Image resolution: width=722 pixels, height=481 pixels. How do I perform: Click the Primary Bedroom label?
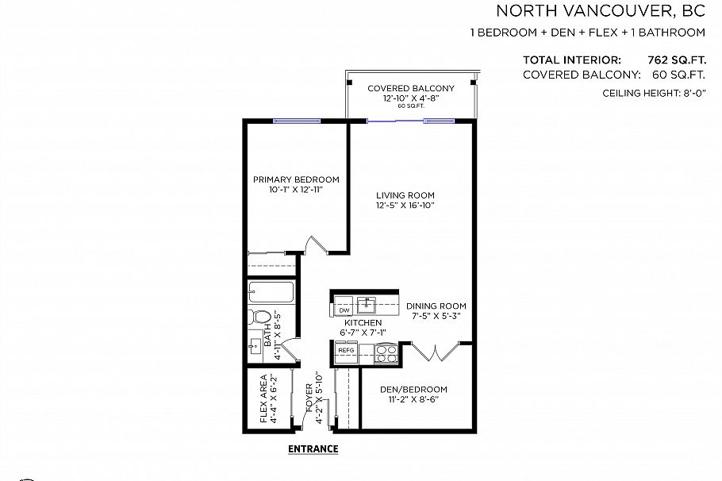[296, 179]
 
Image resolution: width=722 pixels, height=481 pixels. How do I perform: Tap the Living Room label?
[405, 195]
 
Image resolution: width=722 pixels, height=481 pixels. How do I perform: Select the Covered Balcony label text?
[410, 88]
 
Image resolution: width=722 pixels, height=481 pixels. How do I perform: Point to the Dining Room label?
[436, 306]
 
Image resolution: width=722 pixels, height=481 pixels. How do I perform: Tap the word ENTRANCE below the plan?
[313, 448]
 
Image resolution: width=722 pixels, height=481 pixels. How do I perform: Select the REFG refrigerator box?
[346, 350]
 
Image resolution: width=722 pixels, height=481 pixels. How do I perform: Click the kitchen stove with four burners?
[386, 353]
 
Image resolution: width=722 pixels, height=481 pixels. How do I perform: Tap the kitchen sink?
[367, 304]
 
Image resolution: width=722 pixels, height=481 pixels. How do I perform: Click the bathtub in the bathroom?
[271, 291]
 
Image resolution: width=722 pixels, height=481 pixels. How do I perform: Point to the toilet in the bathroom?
[258, 317]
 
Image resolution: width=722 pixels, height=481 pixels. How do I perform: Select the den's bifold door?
[435, 351]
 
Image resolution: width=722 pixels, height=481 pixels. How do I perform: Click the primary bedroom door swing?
[315, 244]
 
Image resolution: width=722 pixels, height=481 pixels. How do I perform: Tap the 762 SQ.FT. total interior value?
[677, 60]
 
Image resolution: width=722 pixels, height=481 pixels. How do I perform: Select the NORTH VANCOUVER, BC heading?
[600, 11]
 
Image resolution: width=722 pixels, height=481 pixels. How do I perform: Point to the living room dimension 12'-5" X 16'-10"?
[405, 206]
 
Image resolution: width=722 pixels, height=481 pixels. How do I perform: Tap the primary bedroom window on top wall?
[297, 121]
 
